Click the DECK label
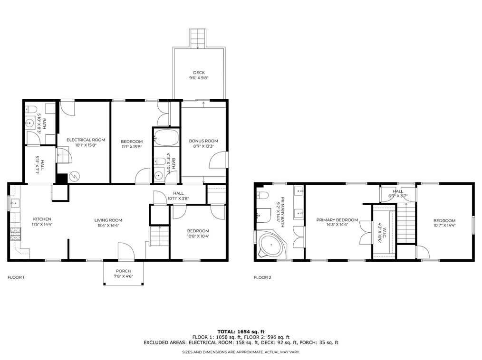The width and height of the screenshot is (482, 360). pos(199,73)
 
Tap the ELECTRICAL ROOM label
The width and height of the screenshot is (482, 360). pos(86,140)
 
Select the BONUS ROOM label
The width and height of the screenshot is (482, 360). pos(203,141)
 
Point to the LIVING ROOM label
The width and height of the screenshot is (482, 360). pos(108,220)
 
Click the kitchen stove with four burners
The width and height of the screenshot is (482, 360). pos(15,234)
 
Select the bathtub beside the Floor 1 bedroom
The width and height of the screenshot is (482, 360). pos(166,137)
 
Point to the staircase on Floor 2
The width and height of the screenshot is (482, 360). pos(406,222)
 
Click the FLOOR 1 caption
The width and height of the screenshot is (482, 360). pos(16,277)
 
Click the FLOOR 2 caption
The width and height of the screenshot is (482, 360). pos(262,277)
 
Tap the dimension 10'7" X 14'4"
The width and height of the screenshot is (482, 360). pos(444,226)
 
